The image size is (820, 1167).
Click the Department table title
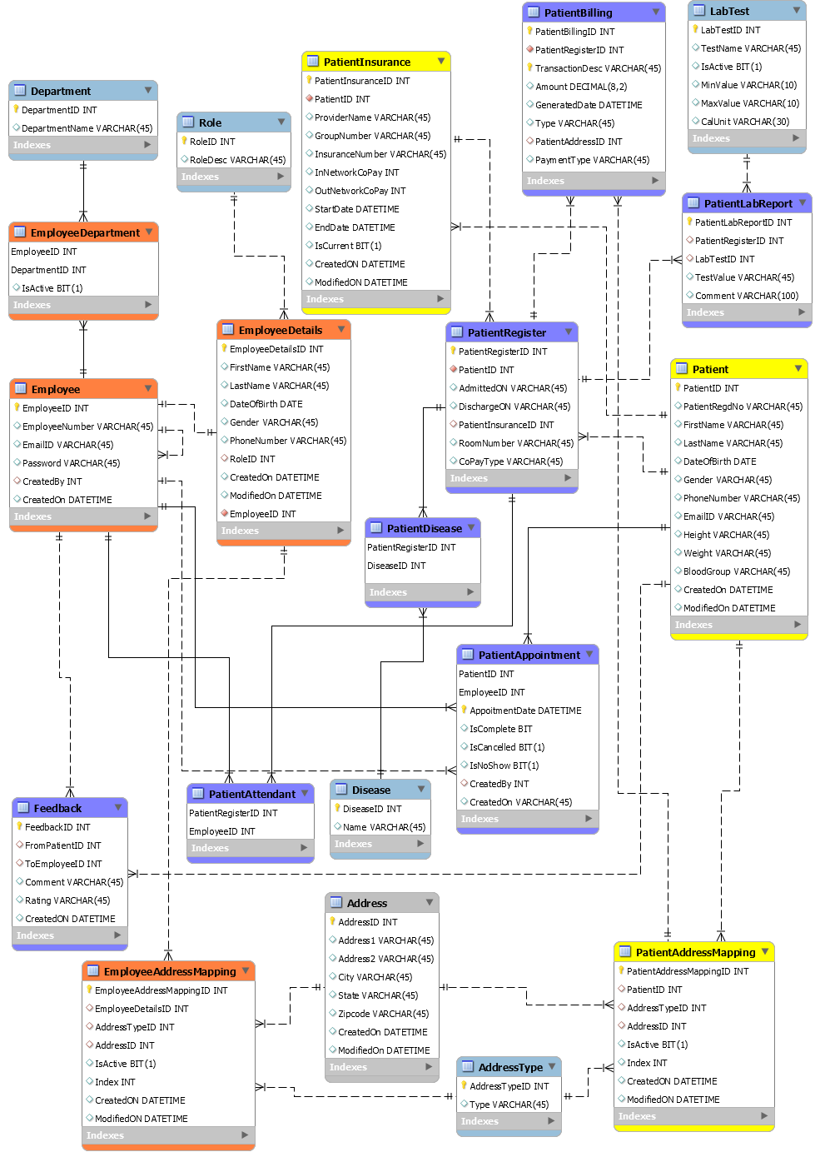tap(61, 91)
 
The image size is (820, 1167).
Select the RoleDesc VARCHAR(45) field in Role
tap(237, 160)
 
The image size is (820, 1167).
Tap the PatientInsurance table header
tap(367, 62)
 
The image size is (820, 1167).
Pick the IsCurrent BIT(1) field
tap(348, 246)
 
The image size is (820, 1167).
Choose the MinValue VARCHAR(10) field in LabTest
tap(748, 85)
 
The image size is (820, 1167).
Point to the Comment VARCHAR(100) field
tap(746, 296)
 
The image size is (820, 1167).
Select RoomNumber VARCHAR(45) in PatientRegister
tap(515, 443)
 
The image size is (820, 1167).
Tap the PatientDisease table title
tap(424, 528)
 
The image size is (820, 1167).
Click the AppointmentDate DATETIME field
tap(525, 711)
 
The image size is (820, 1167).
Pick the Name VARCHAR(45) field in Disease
tap(384, 827)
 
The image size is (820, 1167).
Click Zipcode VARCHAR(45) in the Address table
tap(383, 1014)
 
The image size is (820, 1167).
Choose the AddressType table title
tap(510, 1067)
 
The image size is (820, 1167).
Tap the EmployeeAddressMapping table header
tap(170, 971)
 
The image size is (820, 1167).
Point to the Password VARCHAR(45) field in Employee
tap(71, 463)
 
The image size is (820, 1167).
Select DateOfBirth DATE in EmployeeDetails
tap(266, 404)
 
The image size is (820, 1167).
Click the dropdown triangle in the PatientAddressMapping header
tap(765, 951)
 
